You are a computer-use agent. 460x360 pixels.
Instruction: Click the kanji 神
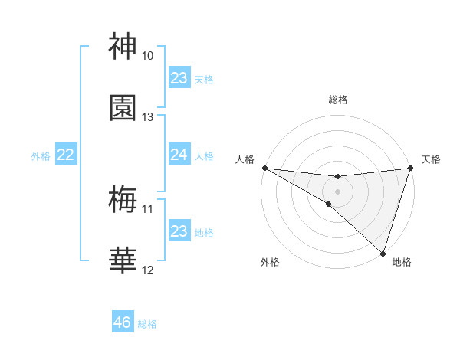click(123, 47)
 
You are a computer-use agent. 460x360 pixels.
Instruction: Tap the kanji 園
click(123, 108)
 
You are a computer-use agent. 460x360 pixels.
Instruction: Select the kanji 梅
click(123, 201)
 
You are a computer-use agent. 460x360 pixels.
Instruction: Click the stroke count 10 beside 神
click(148, 56)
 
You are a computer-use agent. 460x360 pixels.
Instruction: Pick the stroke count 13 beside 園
click(148, 117)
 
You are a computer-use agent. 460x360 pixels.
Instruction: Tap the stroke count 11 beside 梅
click(148, 209)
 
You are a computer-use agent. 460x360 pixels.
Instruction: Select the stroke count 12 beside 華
click(148, 270)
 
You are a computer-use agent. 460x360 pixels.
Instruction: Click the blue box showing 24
click(179, 155)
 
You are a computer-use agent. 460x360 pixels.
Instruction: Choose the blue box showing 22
click(66, 155)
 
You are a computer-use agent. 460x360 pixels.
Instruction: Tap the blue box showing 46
click(123, 322)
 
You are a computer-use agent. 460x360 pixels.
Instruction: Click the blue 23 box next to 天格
click(179, 78)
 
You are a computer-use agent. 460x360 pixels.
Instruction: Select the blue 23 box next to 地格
click(179, 231)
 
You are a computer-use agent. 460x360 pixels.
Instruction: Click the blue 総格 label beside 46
click(147, 324)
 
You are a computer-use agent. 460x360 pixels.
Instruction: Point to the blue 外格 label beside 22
click(41, 156)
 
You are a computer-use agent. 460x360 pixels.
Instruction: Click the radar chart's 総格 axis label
click(337, 100)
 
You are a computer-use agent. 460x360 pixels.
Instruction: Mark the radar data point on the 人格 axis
click(264, 168)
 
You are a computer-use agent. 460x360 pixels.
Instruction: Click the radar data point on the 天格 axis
click(410, 168)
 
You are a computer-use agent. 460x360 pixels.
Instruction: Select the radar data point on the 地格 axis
click(383, 253)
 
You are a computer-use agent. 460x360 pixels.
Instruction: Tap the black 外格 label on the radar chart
click(270, 262)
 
